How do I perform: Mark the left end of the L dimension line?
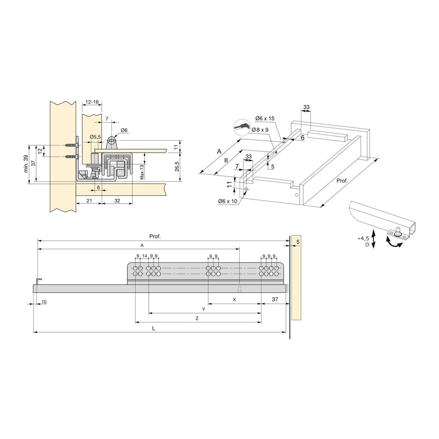click(34, 332)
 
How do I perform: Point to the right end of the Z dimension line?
click(261, 322)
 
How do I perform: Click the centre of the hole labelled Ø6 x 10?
click(247, 189)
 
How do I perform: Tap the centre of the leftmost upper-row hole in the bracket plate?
click(135, 268)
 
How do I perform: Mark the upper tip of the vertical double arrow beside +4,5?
click(373, 231)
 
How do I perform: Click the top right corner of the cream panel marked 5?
click(301, 235)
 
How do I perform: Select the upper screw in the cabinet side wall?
click(72, 145)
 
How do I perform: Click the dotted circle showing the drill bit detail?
click(241, 127)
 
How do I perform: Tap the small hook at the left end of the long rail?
click(39, 281)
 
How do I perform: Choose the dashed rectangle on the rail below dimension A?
click(240, 289)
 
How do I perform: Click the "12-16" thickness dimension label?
click(92, 102)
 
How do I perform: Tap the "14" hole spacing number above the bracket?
click(144, 256)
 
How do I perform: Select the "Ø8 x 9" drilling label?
click(260, 130)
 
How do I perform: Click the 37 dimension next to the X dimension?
click(275, 299)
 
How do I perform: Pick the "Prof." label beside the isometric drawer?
click(342, 180)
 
